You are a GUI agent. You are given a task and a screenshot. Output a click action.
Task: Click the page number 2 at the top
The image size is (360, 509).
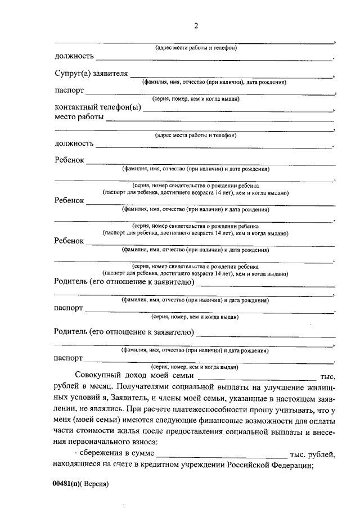click(196, 26)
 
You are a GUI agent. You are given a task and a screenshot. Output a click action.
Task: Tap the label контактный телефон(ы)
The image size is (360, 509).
click(97, 107)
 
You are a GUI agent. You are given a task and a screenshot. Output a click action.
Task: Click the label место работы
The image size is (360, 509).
click(79, 117)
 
